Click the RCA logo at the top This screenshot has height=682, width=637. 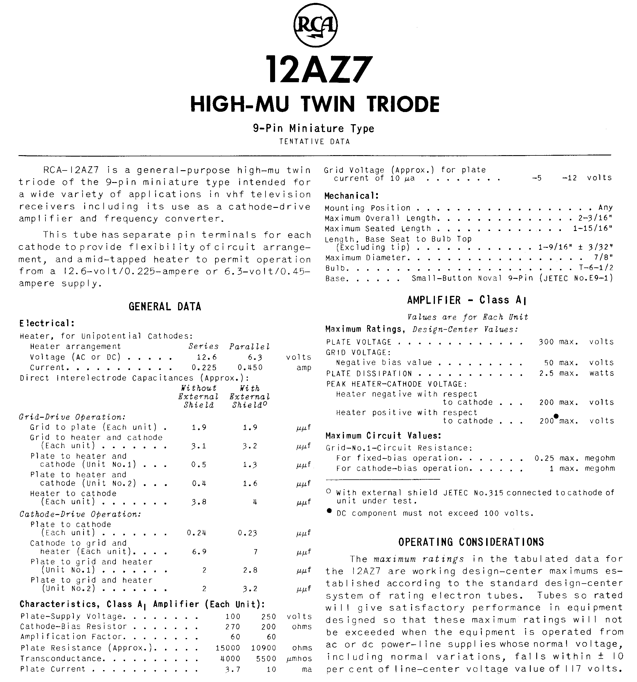point(315,25)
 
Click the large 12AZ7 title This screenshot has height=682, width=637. point(318,70)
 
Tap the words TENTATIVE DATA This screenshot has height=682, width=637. point(314,142)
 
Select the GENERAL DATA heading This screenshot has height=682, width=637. point(165,306)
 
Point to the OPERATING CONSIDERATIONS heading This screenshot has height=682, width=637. point(471,542)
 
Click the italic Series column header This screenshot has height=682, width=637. point(204,346)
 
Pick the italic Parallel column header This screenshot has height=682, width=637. point(250,346)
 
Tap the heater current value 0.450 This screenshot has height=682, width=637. point(250,367)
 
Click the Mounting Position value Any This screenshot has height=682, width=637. point(605,208)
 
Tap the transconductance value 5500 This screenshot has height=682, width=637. point(266,658)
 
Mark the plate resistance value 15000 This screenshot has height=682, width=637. point(228,648)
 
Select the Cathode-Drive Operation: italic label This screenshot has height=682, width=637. point(80,514)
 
